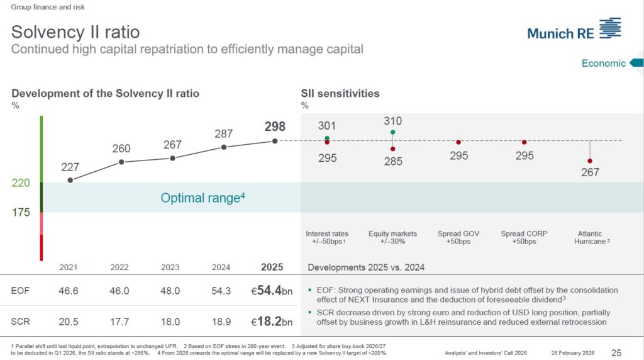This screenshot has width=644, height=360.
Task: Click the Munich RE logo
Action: click(574, 30)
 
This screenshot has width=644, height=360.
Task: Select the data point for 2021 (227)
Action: click(70, 180)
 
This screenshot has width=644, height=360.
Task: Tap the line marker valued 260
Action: click(121, 162)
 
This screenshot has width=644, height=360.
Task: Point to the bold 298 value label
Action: click(275, 126)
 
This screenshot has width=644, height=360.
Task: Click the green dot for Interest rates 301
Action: click(327, 138)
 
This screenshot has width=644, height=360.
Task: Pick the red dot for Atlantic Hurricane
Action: click(590, 161)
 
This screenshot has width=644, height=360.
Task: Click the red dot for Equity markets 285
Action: click(392, 149)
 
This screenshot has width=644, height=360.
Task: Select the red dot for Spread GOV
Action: click(458, 142)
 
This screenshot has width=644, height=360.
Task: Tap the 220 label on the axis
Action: click(21, 183)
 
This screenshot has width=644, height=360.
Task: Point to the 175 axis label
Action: click(21, 212)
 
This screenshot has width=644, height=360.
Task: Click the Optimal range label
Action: click(203, 198)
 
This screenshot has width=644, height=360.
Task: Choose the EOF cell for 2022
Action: click(119, 291)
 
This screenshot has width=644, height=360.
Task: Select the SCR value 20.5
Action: click(68, 322)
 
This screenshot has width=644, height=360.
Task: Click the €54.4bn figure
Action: click(272, 291)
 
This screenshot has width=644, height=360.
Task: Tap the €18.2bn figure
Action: click(272, 322)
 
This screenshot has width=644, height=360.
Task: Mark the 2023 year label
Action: click(170, 267)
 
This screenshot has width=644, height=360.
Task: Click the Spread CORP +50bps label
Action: click(524, 237)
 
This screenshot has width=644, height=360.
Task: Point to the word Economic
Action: click(603, 64)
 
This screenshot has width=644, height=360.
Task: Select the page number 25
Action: click(616, 353)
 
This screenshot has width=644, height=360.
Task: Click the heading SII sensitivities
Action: click(340, 93)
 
